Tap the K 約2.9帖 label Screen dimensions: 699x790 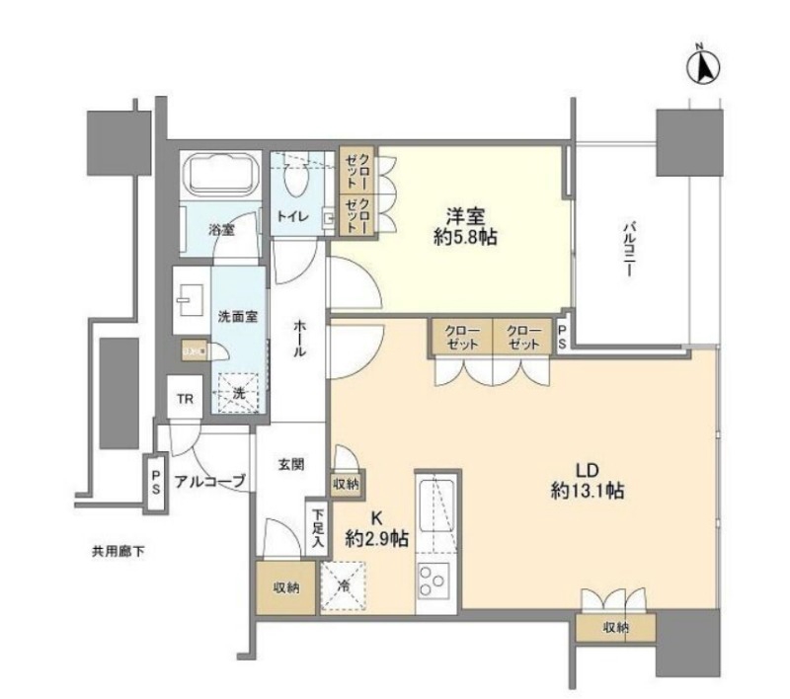tap(376, 529)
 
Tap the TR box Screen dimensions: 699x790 tap(184, 399)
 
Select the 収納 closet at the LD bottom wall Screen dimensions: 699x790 tap(615, 628)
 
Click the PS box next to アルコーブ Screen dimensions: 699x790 tap(156, 482)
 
